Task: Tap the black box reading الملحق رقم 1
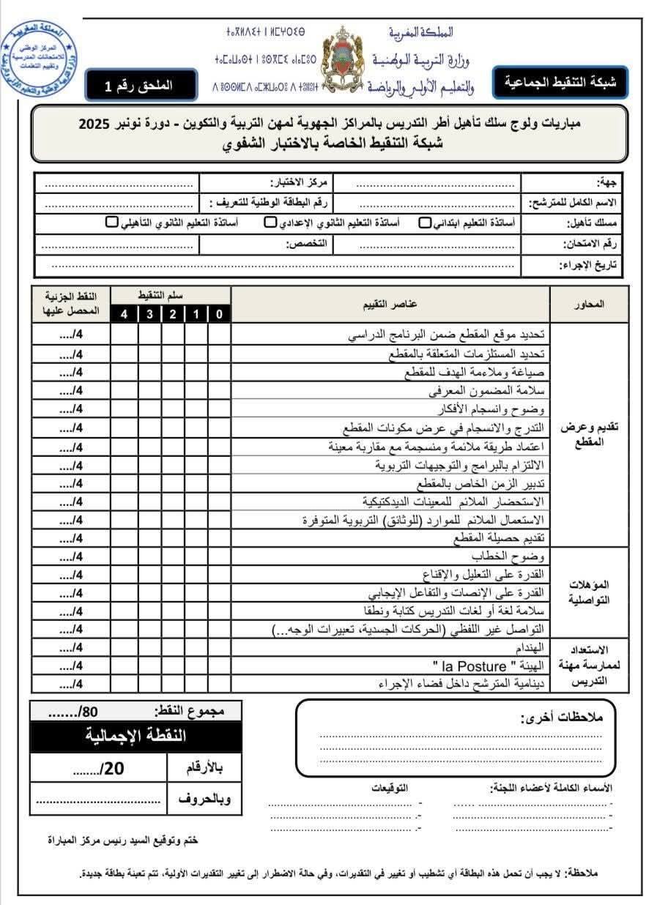(x=141, y=85)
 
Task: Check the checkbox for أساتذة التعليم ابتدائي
(x=424, y=223)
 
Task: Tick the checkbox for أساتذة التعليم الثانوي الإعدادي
(x=270, y=223)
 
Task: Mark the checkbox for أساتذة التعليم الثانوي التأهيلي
(x=111, y=223)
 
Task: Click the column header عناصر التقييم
(x=390, y=304)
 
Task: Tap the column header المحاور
(x=590, y=305)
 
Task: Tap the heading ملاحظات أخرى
(x=561, y=717)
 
